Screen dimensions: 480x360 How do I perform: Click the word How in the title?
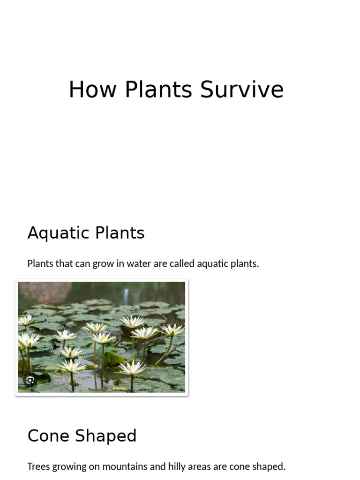(92, 90)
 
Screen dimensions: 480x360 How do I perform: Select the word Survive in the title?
(242, 90)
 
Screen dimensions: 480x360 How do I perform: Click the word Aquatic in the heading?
(58, 233)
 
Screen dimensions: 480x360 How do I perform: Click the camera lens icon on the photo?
(30, 380)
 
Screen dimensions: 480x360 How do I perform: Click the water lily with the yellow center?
(103, 337)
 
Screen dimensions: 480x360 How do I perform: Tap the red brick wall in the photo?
(42, 291)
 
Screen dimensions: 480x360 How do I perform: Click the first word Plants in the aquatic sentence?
(40, 263)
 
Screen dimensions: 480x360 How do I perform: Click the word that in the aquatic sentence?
(64, 263)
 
